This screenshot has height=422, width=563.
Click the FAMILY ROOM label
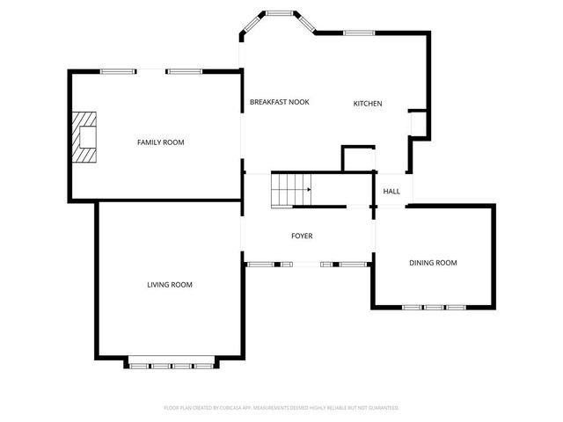160,142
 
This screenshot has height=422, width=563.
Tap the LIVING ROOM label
169,284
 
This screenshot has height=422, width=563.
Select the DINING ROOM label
433,262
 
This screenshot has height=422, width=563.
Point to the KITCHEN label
368,104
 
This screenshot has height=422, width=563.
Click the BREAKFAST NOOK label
279,102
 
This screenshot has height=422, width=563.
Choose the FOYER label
302,236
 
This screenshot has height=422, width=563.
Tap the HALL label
391,191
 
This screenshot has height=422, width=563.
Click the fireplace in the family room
85,137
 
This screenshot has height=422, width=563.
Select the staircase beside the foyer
291,190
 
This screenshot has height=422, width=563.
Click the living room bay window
171,363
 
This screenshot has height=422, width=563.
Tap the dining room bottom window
433,307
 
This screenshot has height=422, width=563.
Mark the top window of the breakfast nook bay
281,13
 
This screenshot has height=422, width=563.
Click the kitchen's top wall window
360,33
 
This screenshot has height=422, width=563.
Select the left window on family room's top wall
117,71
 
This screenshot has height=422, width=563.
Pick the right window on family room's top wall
185,71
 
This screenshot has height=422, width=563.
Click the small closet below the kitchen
357,159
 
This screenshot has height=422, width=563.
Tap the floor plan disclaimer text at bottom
281,408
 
